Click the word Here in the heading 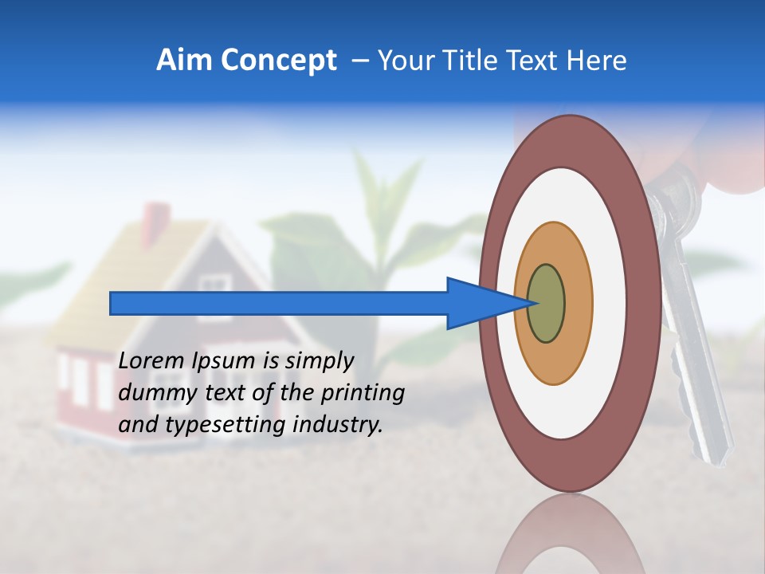pos(597,61)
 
